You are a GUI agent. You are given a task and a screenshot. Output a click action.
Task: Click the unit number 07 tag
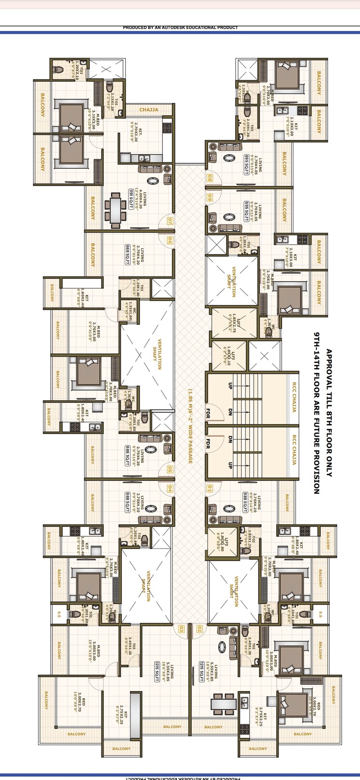[170, 222]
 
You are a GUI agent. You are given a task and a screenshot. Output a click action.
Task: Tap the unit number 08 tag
[210, 178]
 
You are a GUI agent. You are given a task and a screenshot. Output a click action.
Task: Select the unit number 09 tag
[210, 197]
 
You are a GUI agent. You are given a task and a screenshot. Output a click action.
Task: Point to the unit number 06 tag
[170, 240]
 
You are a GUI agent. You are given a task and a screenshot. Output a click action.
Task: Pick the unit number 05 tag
[170, 469]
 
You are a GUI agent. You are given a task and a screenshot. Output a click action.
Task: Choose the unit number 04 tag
[170, 489]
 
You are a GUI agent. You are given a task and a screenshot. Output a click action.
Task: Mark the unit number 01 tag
[210, 489]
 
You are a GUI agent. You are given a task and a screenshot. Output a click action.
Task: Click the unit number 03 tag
[181, 629]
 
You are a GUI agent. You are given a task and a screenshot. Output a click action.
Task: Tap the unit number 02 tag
[200, 629]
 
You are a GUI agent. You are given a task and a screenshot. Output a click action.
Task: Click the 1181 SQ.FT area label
[130, 199]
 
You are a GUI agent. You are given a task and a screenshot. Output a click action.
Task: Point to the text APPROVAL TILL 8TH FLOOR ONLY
[329, 413]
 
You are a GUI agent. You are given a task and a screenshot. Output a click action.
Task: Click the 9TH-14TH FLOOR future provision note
[317, 413]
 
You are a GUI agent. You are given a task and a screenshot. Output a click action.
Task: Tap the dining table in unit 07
[115, 210]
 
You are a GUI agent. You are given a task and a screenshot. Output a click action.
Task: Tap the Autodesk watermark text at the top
[180, 28]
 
